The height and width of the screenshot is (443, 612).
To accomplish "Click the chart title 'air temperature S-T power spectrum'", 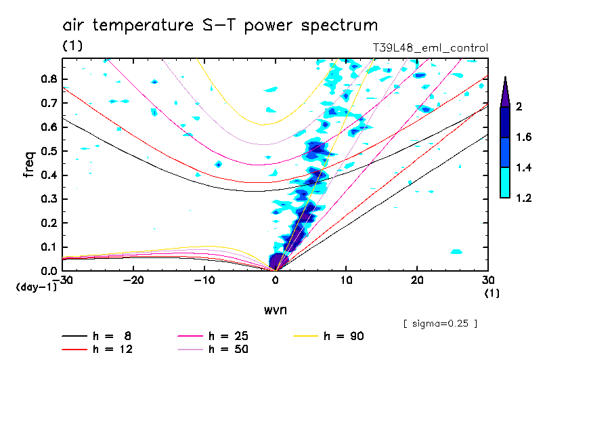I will click(220, 26).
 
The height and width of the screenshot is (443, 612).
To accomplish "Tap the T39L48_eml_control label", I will click(430, 48).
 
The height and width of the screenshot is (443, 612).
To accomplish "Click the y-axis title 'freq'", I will click(28, 165).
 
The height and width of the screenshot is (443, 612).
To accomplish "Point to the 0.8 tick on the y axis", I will click(47, 79).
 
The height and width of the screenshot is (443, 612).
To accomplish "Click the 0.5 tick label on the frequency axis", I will click(47, 151).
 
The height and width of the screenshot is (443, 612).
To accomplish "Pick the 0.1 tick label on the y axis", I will click(47, 247).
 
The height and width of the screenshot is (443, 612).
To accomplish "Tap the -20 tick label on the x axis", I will click(133, 280).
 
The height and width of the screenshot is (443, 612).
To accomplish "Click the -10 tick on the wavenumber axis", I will click(204, 280).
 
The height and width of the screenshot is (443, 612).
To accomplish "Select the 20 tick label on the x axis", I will click(417, 280).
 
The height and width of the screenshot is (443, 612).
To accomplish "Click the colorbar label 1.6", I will click(523, 138).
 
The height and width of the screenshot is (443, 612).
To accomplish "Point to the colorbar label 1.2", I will click(523, 198).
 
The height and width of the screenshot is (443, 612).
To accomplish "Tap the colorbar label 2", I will click(518, 107).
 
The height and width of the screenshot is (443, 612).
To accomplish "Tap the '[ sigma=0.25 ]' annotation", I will click(440, 323).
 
